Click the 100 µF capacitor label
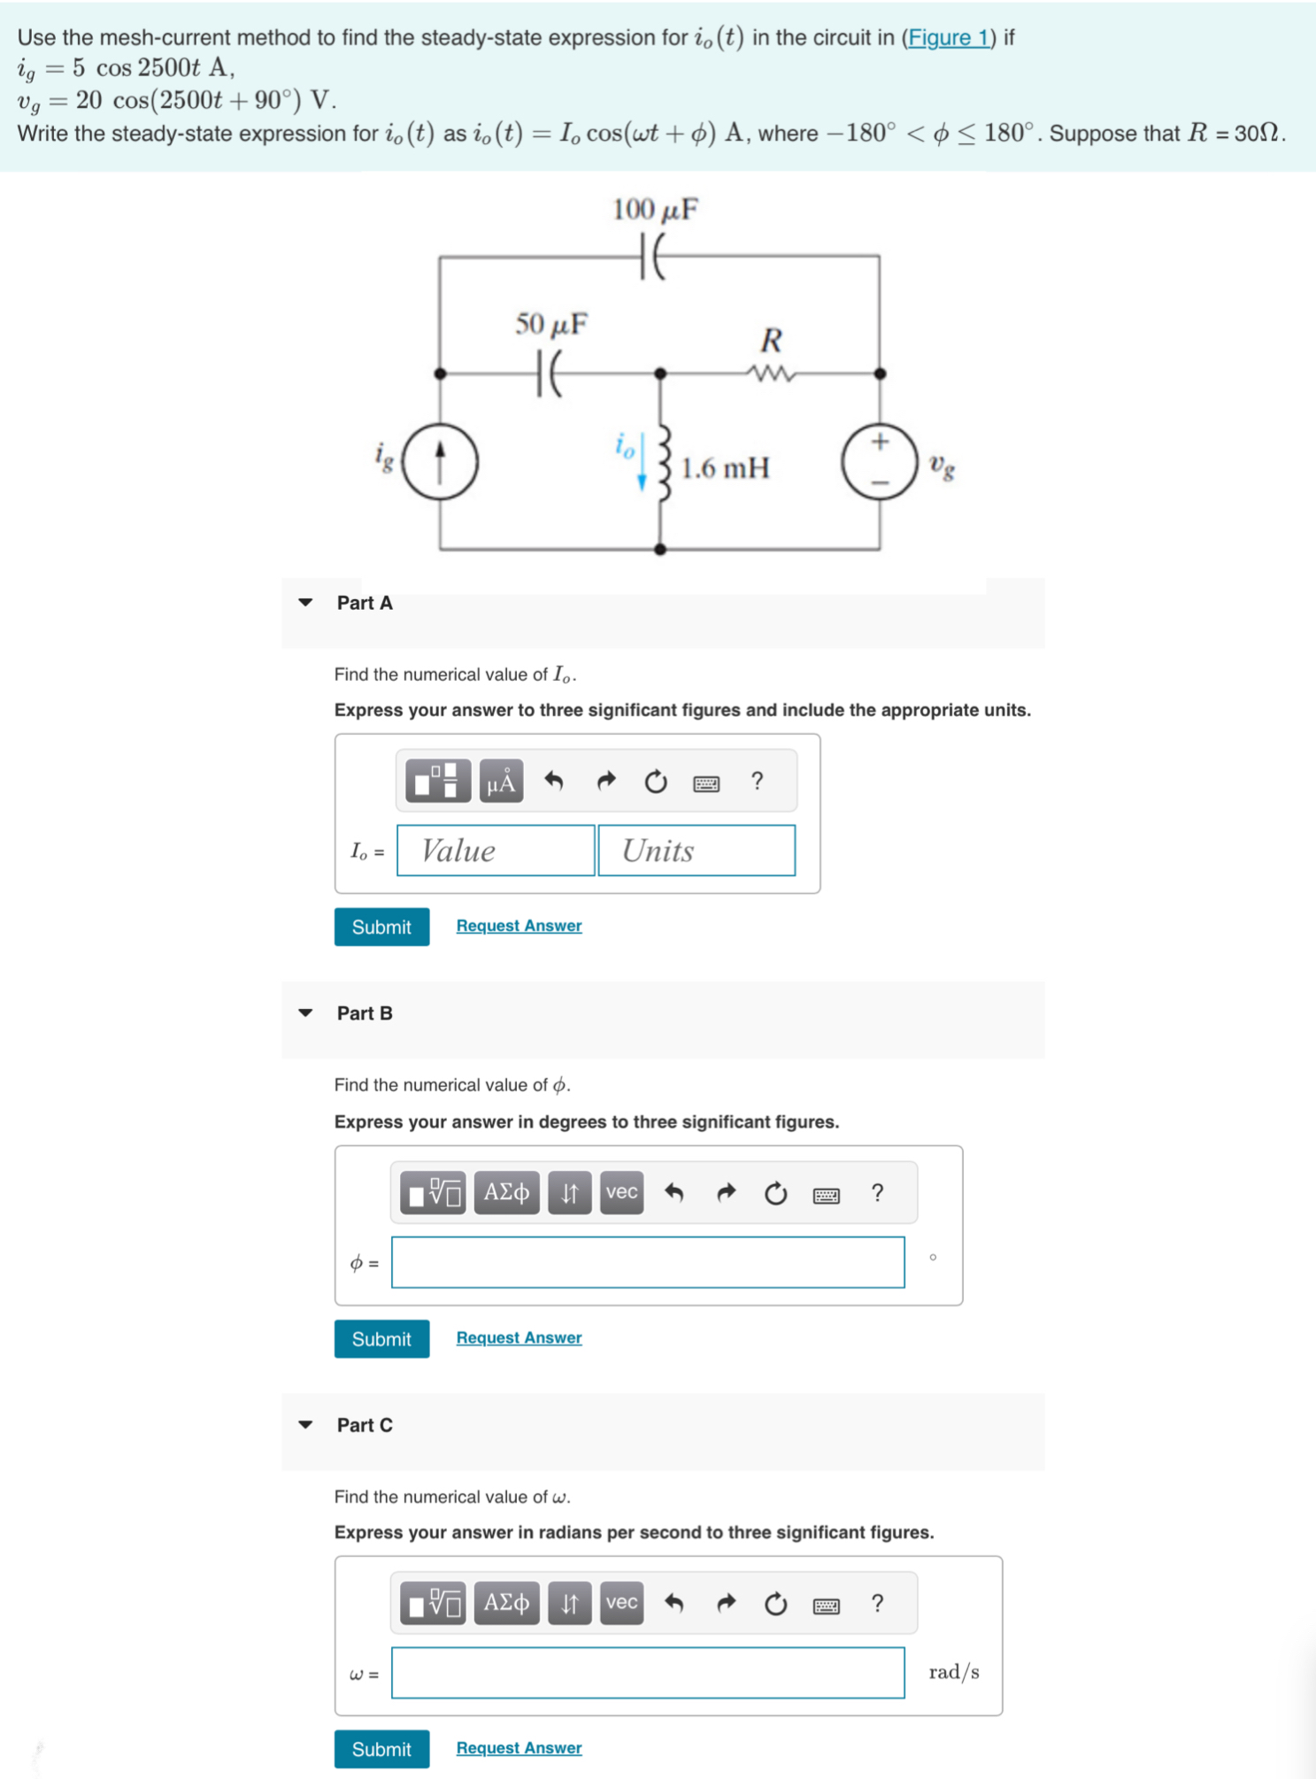click(x=655, y=210)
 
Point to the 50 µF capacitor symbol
click(x=549, y=374)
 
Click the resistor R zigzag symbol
click(x=771, y=374)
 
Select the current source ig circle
click(x=440, y=461)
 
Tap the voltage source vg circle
click(x=879, y=462)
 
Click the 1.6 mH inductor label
click(x=725, y=468)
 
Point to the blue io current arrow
click(x=642, y=461)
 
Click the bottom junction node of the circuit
click(x=659, y=549)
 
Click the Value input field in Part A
click(x=496, y=851)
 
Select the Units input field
click(x=696, y=851)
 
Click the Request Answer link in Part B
click(x=519, y=1337)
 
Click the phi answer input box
click(x=648, y=1262)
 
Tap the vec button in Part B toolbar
click(x=621, y=1192)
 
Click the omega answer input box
click(x=648, y=1673)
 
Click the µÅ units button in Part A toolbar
click(x=501, y=781)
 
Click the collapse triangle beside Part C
click(x=305, y=1425)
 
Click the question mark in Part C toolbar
click(x=877, y=1603)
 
